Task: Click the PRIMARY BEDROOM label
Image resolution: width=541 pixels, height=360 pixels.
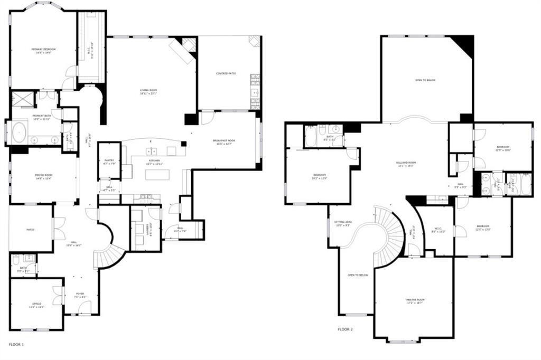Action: click(43, 49)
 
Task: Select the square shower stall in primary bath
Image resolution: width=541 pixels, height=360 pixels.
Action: click(22, 99)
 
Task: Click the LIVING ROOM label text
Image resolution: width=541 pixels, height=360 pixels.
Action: click(148, 90)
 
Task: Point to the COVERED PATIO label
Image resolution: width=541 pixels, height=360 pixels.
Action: click(226, 73)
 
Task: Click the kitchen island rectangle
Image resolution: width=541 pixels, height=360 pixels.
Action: click(157, 174)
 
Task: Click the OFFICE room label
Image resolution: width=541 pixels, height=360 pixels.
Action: click(36, 305)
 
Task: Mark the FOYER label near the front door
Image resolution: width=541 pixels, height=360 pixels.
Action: click(80, 294)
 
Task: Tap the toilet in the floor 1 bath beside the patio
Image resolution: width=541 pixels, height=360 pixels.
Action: click(16, 260)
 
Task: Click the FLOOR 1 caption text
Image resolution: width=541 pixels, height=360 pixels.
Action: click(16, 344)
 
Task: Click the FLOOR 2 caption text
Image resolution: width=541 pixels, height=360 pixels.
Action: click(345, 329)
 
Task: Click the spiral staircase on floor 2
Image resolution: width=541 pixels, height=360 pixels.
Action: click(388, 232)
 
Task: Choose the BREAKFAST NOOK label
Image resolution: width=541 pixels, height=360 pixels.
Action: click(223, 141)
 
